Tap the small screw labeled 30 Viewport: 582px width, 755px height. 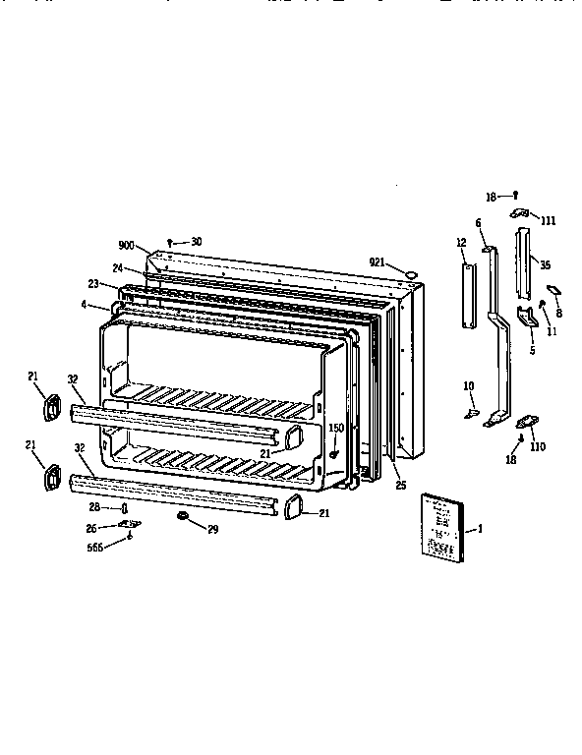(x=171, y=241)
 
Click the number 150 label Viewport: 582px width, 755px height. (x=335, y=428)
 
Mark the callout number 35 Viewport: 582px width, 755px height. (x=546, y=263)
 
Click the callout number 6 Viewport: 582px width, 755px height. (x=478, y=223)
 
